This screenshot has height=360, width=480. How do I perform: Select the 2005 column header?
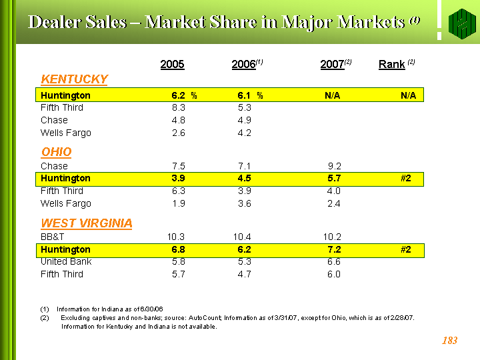click(x=172, y=65)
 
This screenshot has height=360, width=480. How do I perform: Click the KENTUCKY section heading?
click(x=74, y=79)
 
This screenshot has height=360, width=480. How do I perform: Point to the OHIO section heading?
click(x=56, y=152)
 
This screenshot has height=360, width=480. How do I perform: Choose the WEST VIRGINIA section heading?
click(x=86, y=223)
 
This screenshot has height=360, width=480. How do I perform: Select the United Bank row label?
click(x=66, y=261)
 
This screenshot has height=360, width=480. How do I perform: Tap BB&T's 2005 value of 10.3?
click(x=176, y=237)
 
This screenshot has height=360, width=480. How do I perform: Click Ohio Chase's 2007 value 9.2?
click(x=334, y=166)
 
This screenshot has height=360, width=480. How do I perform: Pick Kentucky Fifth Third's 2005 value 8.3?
click(x=178, y=107)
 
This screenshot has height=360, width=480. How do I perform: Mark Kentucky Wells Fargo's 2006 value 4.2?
click(x=244, y=133)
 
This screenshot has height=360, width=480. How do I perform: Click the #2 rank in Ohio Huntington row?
click(x=405, y=178)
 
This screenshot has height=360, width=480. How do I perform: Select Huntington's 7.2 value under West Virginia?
click(x=334, y=249)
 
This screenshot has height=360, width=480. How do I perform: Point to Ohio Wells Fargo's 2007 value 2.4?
click(x=334, y=203)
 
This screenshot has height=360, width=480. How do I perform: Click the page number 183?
click(x=449, y=341)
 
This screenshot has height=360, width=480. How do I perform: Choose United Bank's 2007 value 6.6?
click(x=334, y=261)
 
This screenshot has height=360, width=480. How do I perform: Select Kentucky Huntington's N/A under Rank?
click(x=408, y=95)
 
